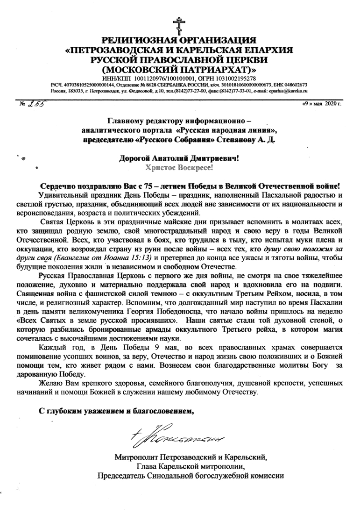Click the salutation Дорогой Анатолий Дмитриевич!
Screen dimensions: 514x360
180,158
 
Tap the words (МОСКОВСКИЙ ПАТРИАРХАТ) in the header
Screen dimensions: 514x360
179,69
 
